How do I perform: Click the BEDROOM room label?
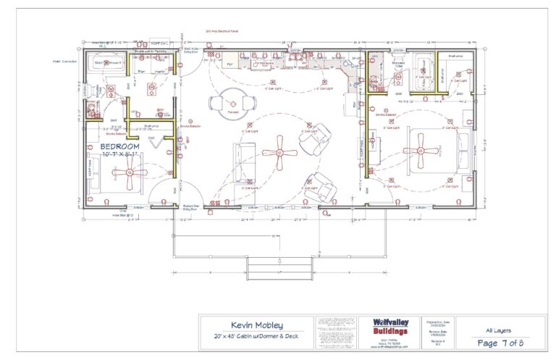pos(119,147)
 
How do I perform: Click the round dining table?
pos(232,102)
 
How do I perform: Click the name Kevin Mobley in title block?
pos(257,325)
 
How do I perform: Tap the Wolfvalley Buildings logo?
pos(390,326)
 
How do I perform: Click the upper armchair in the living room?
pos(315,135)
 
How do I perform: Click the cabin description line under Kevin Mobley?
pos(257,338)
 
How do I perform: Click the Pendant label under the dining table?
pos(232,113)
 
